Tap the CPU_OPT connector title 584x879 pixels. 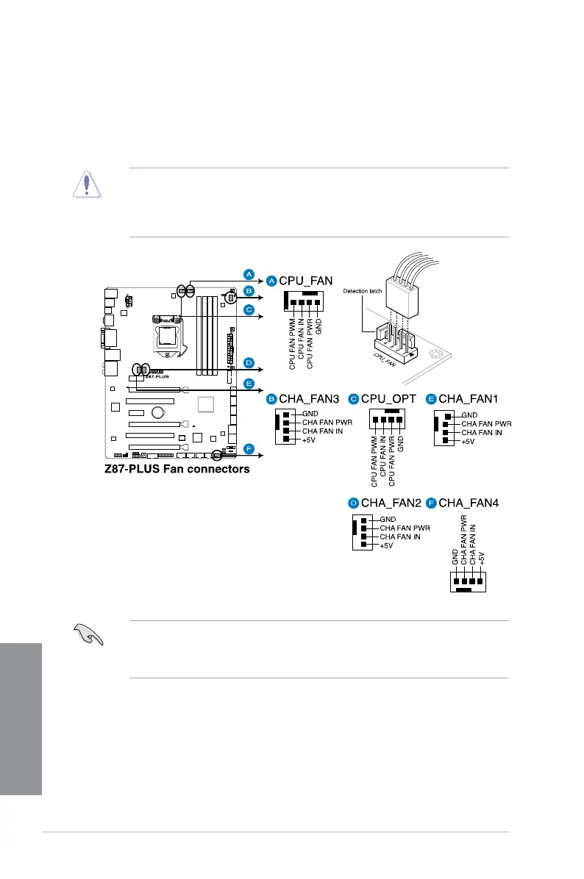click(x=388, y=399)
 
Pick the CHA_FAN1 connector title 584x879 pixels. click(x=469, y=399)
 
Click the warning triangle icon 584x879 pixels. click(x=86, y=184)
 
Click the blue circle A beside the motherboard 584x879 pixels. click(x=249, y=274)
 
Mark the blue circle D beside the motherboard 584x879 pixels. click(x=249, y=363)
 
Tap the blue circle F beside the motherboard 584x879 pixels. click(x=249, y=448)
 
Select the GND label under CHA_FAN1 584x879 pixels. click(x=468, y=415)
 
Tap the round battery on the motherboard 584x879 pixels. click(x=158, y=412)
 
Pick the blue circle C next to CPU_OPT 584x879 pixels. click(x=353, y=399)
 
